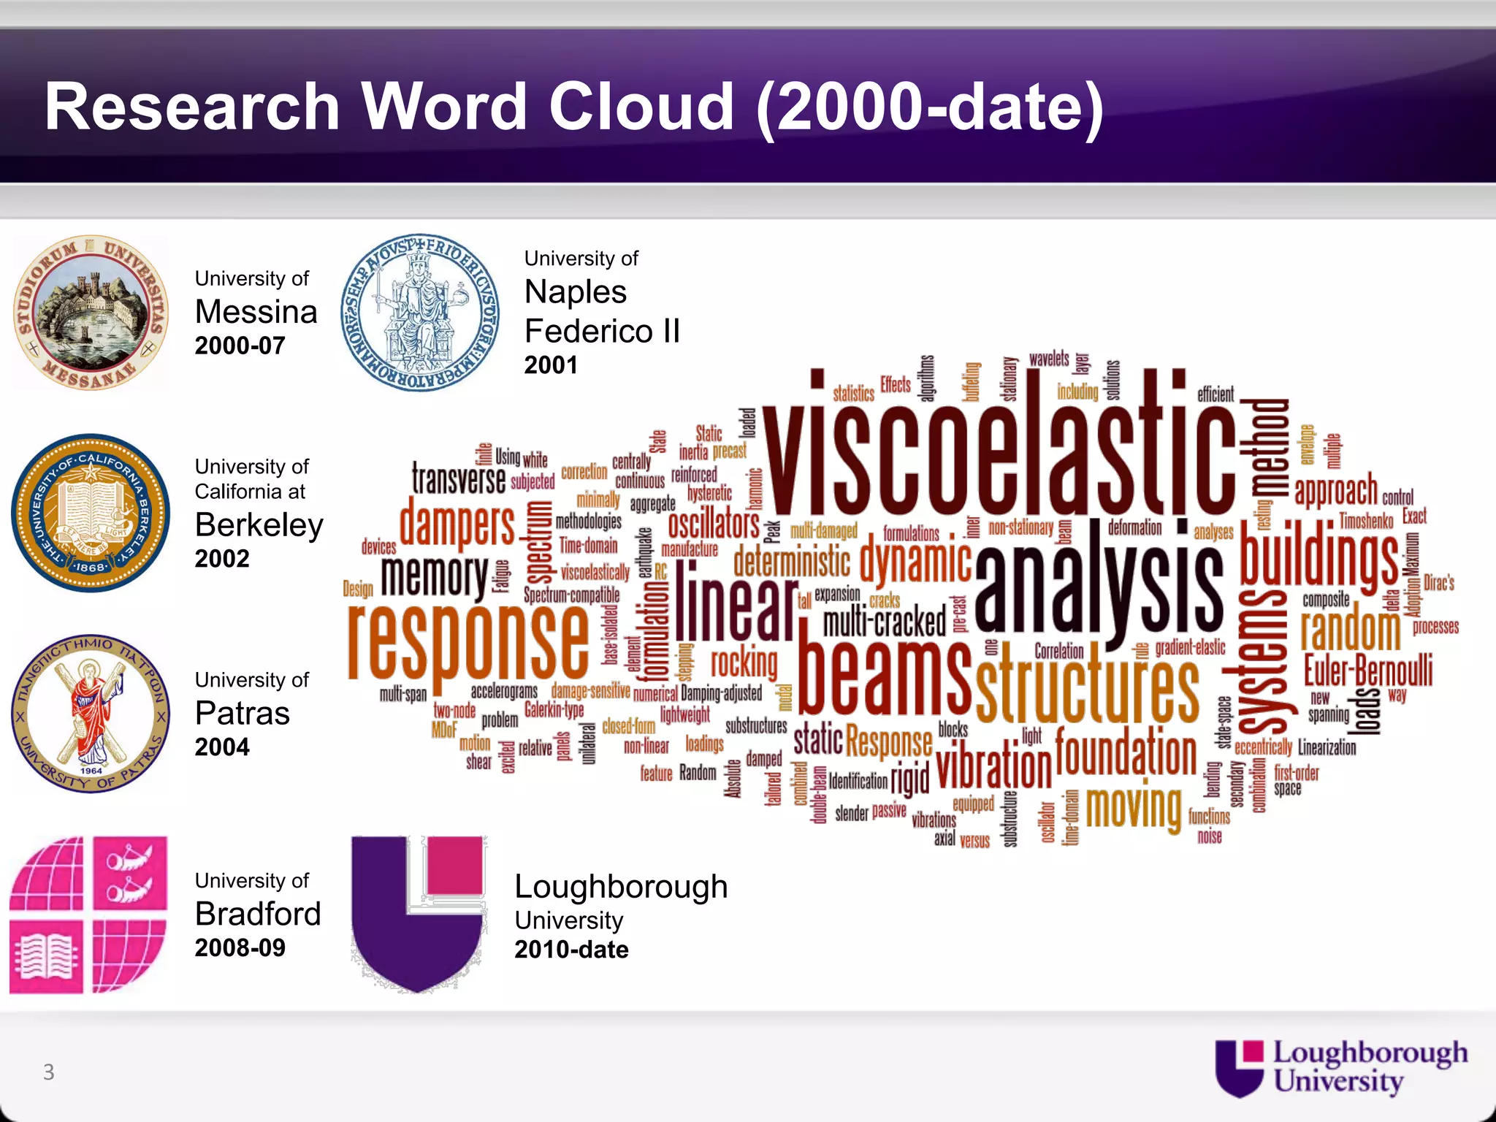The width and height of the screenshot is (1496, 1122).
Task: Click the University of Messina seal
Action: pos(91,313)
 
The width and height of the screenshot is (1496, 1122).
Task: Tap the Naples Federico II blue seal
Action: pos(420,313)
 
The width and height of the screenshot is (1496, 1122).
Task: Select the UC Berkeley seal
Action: pos(91,514)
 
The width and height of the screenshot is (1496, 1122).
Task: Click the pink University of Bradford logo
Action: pos(88,915)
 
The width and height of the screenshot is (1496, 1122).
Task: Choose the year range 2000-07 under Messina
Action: pos(240,346)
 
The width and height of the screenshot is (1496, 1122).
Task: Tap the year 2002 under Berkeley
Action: pos(222,559)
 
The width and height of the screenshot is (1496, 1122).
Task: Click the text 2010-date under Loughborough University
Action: pos(571,950)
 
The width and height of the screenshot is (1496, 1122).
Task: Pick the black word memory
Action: pos(434,575)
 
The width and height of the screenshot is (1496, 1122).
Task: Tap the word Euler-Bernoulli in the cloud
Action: pos(1368,671)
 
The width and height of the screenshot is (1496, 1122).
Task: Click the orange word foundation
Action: pos(1126,755)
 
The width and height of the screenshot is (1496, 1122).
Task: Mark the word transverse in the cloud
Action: pos(458,479)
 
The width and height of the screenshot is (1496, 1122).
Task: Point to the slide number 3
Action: pos(49,1072)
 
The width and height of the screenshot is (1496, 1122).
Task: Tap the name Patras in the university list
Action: pos(243,714)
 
